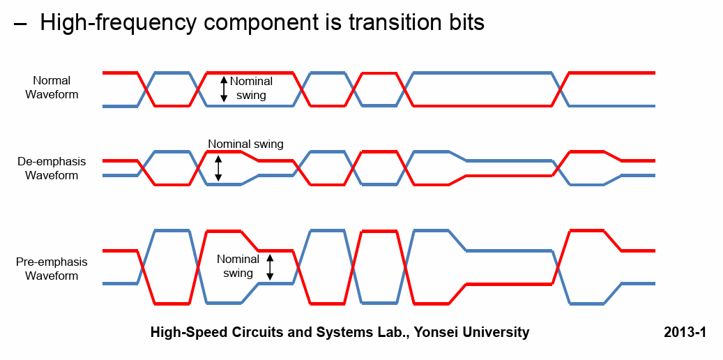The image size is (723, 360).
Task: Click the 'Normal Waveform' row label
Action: [52, 87]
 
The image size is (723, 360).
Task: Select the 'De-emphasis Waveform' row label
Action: [52, 168]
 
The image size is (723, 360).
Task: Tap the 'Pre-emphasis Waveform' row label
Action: [52, 269]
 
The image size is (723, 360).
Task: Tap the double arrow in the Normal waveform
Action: [224, 89]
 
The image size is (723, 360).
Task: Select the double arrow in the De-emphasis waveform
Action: [218, 168]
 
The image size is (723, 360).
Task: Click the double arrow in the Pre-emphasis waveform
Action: [271, 267]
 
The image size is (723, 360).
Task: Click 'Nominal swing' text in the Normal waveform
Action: [251, 88]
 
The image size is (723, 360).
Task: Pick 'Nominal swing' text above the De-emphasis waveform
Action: [245, 144]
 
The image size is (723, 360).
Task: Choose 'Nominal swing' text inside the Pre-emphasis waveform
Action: [238, 266]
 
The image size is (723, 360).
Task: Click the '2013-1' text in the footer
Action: [685, 332]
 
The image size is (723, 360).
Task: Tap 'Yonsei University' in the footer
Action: [472, 332]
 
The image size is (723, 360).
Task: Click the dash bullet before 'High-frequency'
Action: [21, 23]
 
